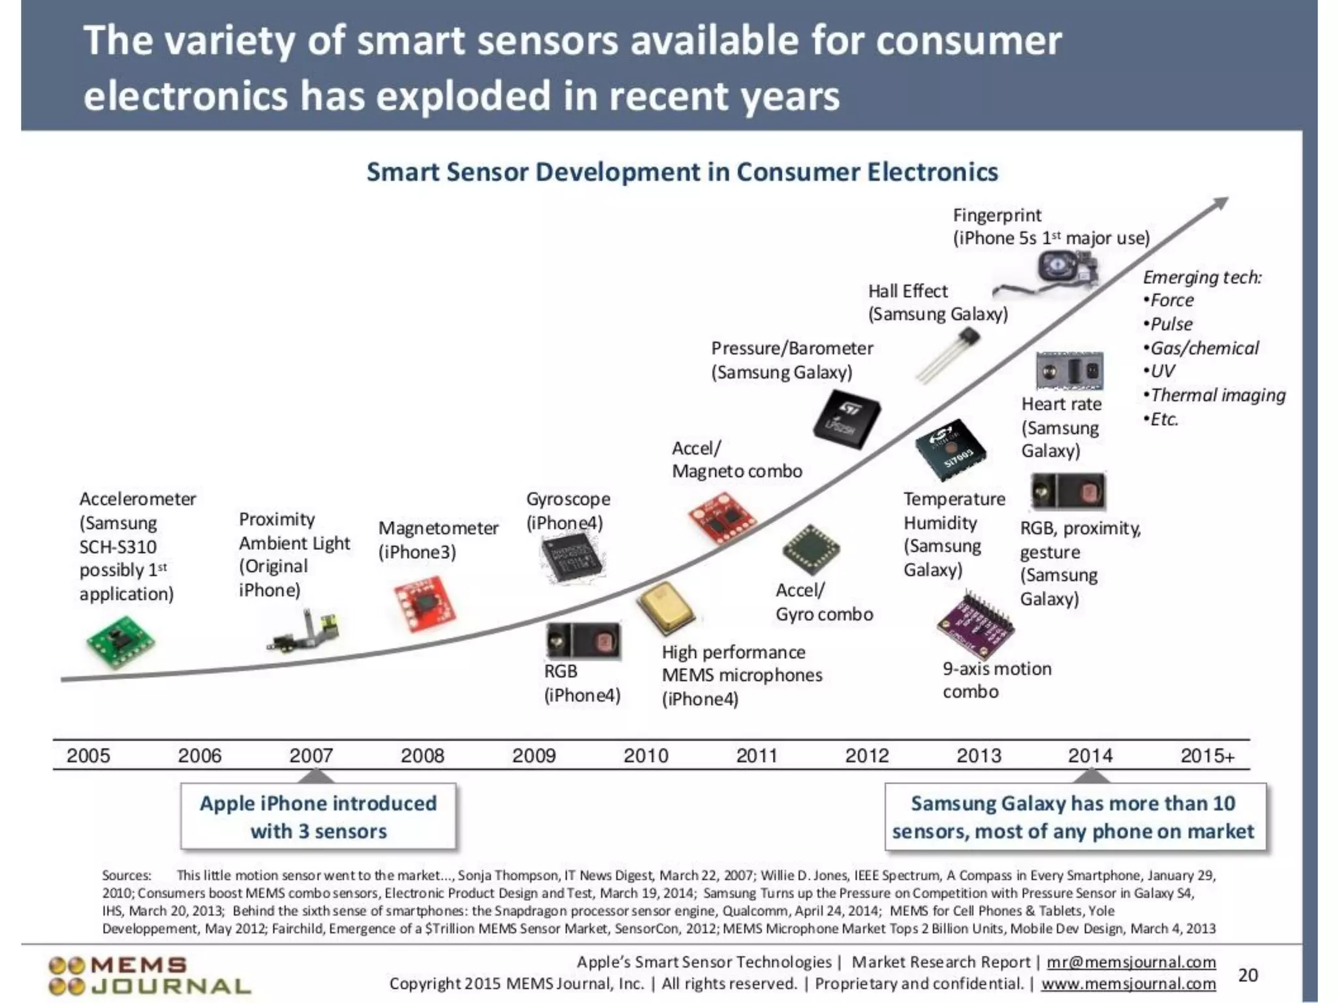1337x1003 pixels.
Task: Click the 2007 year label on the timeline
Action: (311, 756)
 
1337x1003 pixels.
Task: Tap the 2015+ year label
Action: (1207, 756)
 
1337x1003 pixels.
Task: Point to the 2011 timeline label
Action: (757, 756)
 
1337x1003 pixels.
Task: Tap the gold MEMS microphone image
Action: (665, 607)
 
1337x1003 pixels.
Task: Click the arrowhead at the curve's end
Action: (1219, 204)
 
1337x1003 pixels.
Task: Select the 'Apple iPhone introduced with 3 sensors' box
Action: (318, 817)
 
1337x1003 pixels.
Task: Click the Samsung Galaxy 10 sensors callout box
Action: (1074, 817)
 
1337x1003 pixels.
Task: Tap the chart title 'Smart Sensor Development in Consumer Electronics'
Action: (682, 172)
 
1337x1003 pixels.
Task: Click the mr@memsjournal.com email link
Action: (1131, 962)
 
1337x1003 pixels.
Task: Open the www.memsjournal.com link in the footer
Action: (1128, 983)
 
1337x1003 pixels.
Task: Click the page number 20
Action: (1248, 975)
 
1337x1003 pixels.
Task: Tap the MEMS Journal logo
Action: (149, 976)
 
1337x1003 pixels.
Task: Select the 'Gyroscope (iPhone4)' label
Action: (567, 511)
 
